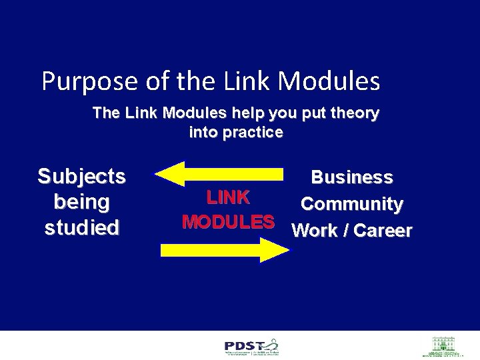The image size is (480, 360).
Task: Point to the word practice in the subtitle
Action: click(253, 132)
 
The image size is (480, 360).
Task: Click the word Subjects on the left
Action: click(81, 177)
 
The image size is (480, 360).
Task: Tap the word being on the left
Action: click(81, 201)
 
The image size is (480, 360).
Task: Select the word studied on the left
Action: click(81, 227)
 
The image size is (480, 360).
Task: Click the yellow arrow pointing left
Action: click(220, 174)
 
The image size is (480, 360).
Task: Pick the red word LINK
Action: click(228, 197)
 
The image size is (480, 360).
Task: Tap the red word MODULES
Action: click(228, 221)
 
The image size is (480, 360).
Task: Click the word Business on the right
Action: click(352, 177)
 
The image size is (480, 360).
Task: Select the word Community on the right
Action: click(351, 204)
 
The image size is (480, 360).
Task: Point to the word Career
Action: click(383, 231)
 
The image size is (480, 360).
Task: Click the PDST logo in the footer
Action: click(252, 347)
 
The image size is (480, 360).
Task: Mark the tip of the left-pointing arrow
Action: click(157, 175)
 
